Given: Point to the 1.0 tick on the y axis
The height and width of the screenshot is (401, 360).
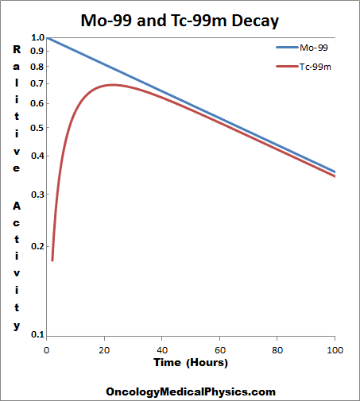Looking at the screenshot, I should pyautogui.click(x=37, y=37).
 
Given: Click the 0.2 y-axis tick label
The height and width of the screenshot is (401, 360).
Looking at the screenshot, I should pyautogui.click(x=37, y=246).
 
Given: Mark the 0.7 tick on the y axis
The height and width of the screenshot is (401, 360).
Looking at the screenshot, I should pyautogui.click(x=37, y=83).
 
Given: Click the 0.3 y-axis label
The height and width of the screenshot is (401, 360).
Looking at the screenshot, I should pyautogui.click(x=37, y=194).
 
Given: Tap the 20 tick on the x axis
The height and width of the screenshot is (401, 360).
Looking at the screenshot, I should pyautogui.click(x=105, y=349).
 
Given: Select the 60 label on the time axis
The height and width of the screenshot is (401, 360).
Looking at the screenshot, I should pyautogui.click(x=220, y=349).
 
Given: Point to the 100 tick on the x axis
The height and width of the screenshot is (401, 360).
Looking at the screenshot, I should pyautogui.click(x=335, y=349).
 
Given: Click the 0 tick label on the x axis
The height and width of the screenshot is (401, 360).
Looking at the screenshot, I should pyautogui.click(x=48, y=349).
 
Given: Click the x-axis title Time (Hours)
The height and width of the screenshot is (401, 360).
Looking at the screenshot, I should pyautogui.click(x=191, y=363).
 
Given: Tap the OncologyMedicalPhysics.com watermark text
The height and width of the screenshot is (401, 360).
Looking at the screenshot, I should pyautogui.click(x=191, y=391).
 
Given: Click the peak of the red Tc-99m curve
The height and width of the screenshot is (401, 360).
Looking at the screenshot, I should pyautogui.click(x=113, y=84).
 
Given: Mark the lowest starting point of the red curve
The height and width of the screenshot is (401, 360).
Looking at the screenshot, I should pyautogui.click(x=52, y=260).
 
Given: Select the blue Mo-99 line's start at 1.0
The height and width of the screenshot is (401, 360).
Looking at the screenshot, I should pyautogui.click(x=48, y=37).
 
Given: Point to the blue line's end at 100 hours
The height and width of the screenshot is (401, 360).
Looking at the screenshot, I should pyautogui.click(x=335, y=172).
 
